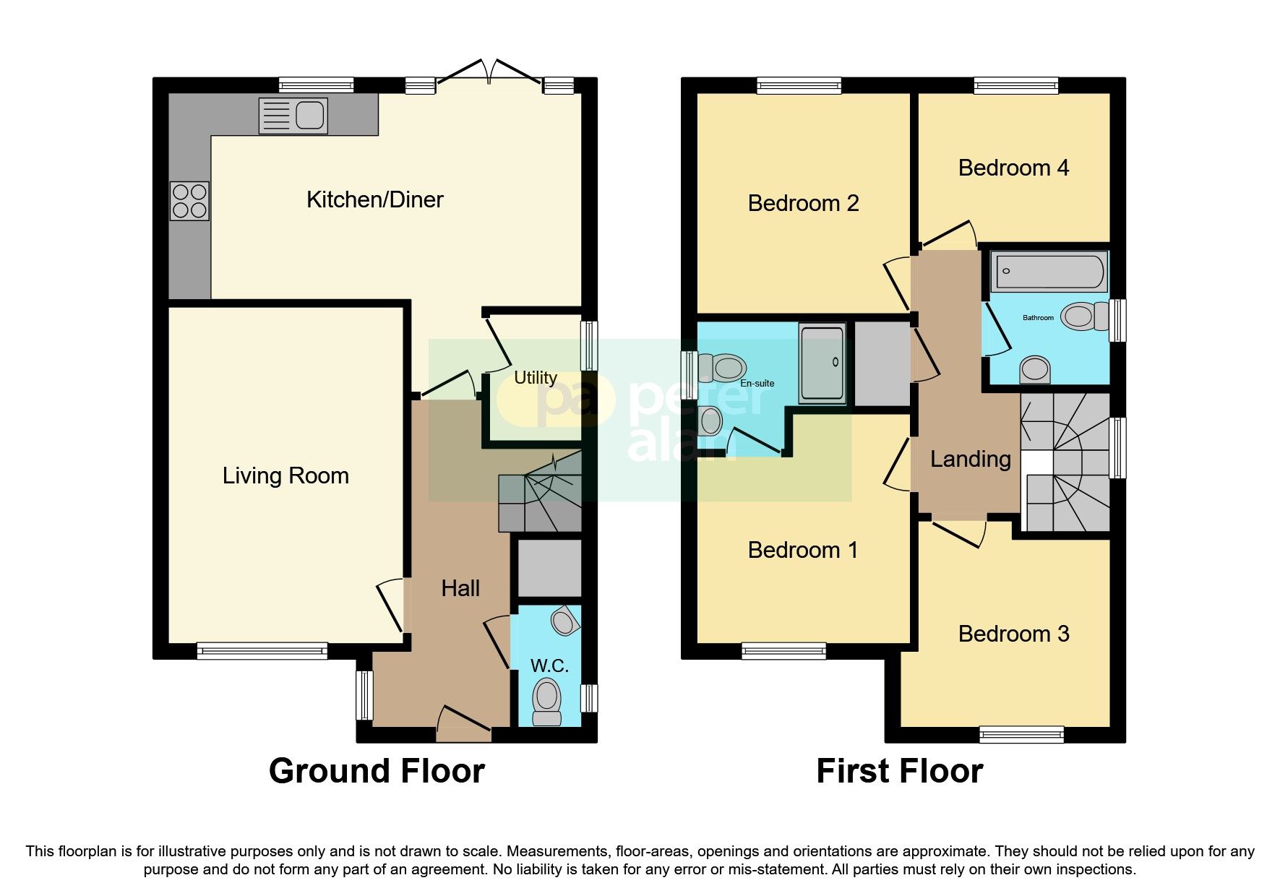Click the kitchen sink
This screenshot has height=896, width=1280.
pos(293,116)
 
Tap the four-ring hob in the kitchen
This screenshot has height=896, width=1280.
pos(190,201)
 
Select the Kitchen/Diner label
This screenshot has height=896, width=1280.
pos(375,199)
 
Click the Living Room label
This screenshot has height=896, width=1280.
pos(285,475)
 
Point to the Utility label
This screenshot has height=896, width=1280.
pos(536,378)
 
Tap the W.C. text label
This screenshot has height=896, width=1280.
pos(549,665)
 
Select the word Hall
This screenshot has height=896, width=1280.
pos(460,588)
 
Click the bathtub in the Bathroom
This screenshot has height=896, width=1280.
pos(1049,272)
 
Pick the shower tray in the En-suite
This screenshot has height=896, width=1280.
pos(822,363)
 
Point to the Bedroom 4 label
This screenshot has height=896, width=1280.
pos(1013,168)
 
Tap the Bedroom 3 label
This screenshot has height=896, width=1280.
pos(1013,634)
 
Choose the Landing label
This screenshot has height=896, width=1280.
pos(970,459)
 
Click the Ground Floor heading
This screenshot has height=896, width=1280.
pos(377,771)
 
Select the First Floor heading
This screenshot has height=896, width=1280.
pos(900,771)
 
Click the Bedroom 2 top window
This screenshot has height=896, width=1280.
pos(799,85)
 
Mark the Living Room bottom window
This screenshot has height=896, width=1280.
pos(262,651)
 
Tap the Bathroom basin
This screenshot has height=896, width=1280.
pos(1036,369)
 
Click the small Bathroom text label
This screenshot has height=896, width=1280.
pos(1038,318)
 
